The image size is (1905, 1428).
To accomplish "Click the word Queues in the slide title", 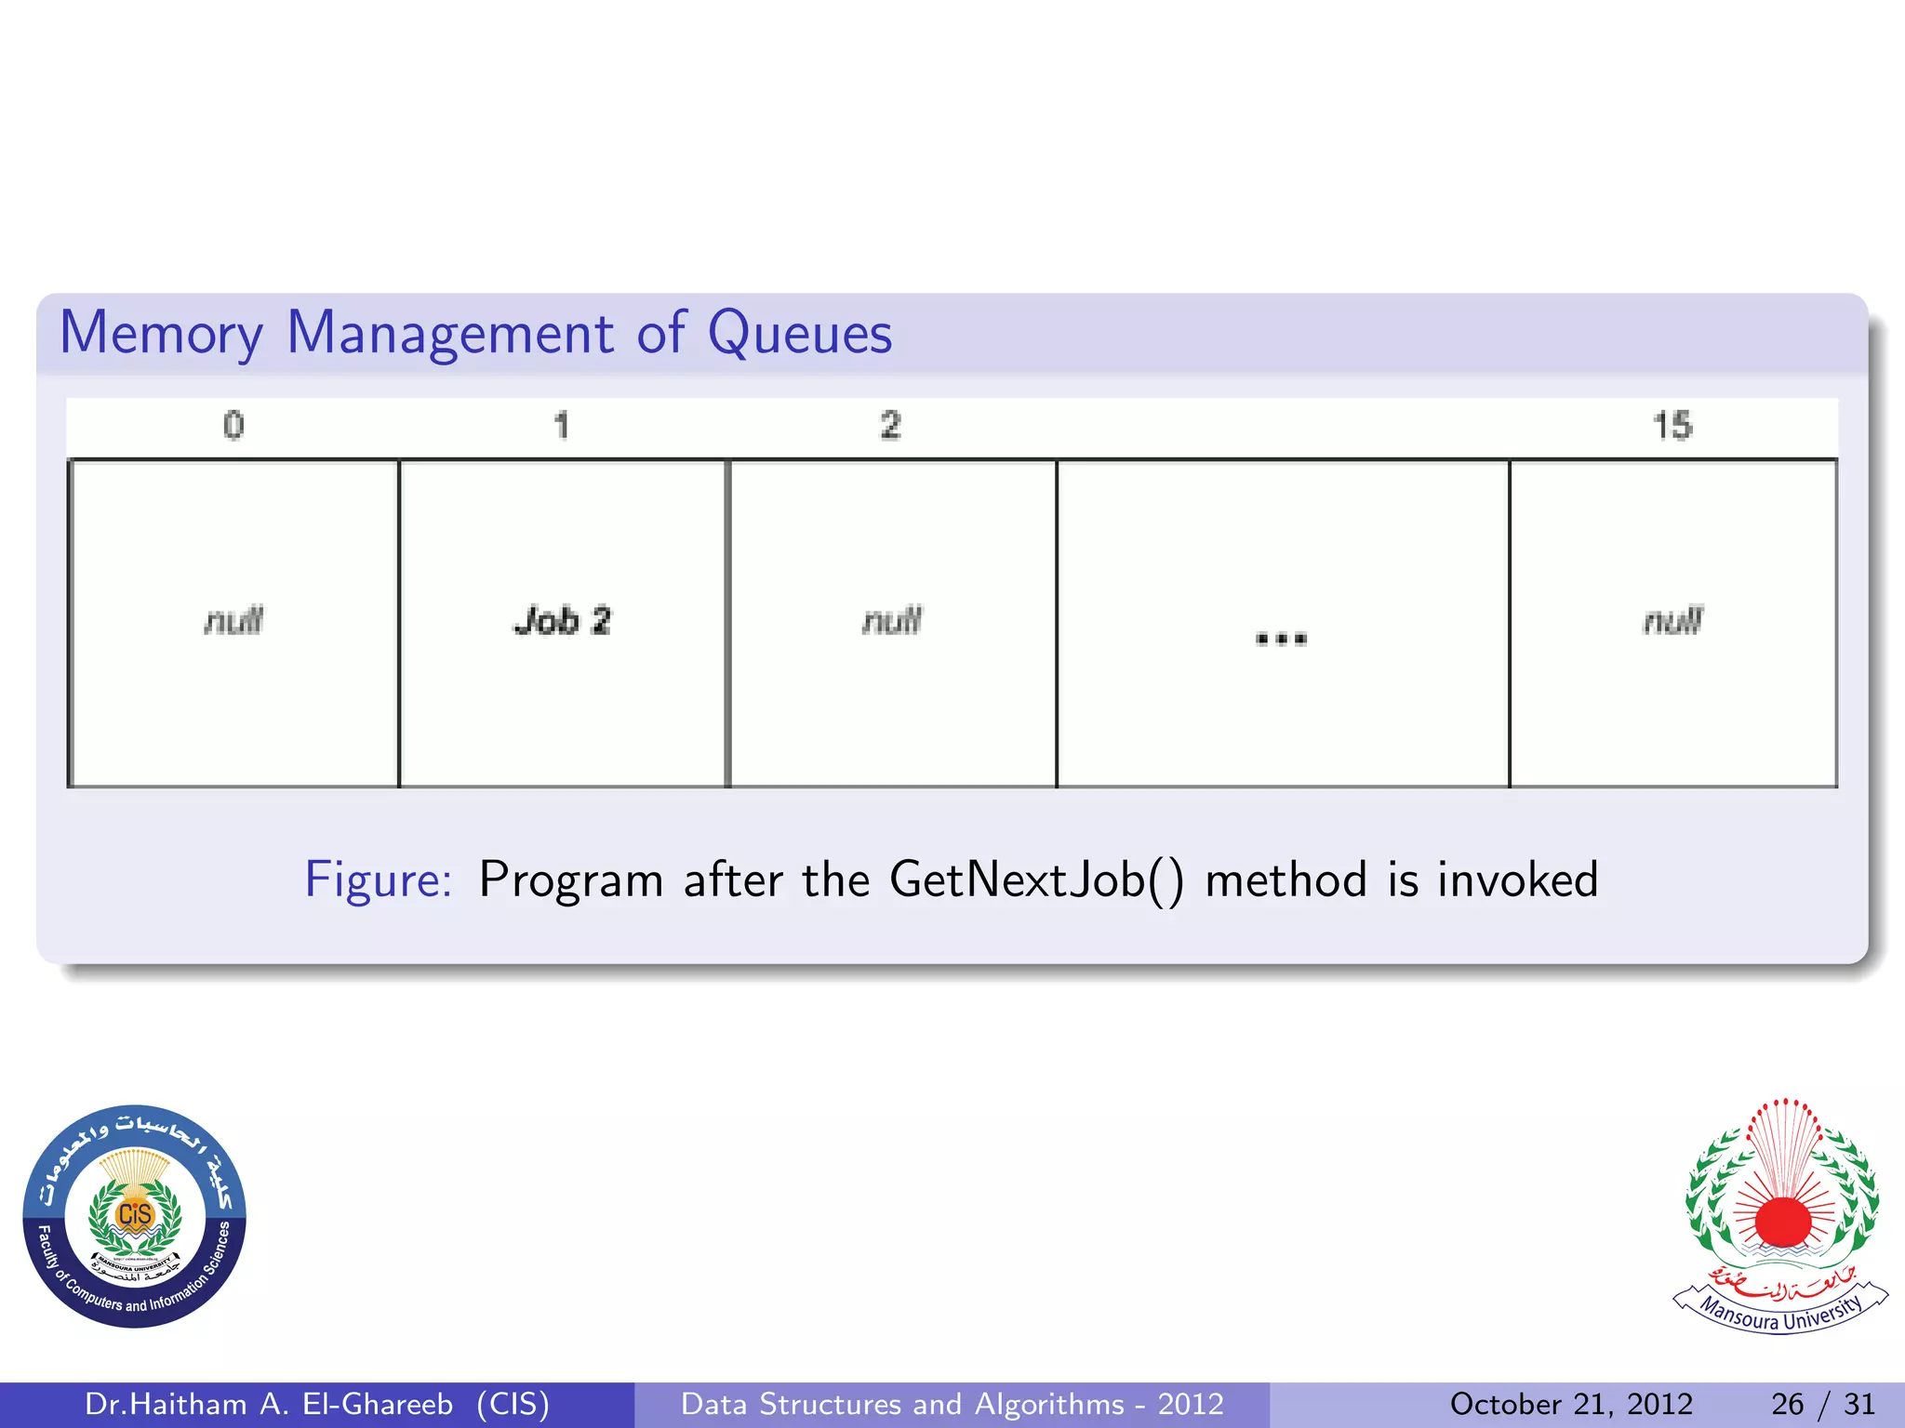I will click(x=800, y=333).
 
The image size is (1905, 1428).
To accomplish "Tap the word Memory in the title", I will click(x=162, y=333).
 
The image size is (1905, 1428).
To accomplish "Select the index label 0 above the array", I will click(x=233, y=425).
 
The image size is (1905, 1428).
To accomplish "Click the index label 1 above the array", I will click(x=561, y=425).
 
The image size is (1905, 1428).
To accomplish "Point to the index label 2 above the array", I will click(x=890, y=425).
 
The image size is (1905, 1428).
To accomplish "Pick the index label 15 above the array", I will click(x=1672, y=425).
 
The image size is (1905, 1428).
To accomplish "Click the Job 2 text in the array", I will click(x=563, y=620).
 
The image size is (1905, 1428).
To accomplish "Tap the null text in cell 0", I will click(x=233, y=620).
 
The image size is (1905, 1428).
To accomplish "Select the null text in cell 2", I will click(x=892, y=620).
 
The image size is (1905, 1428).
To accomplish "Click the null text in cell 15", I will click(x=1672, y=620).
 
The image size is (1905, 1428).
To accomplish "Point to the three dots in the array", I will click(x=1281, y=638).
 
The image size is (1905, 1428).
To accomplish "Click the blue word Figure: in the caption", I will click(x=379, y=879).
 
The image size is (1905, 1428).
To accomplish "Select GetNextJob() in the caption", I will click(x=1036, y=879).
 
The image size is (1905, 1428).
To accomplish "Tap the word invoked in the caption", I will click(x=1517, y=879).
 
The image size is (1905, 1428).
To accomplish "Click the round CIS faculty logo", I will click(x=135, y=1216).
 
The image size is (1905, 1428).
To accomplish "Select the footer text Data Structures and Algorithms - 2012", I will click(x=952, y=1404).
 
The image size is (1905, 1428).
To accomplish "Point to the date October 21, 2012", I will click(x=1571, y=1404).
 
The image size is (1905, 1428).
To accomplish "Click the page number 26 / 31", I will click(x=1823, y=1404).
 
